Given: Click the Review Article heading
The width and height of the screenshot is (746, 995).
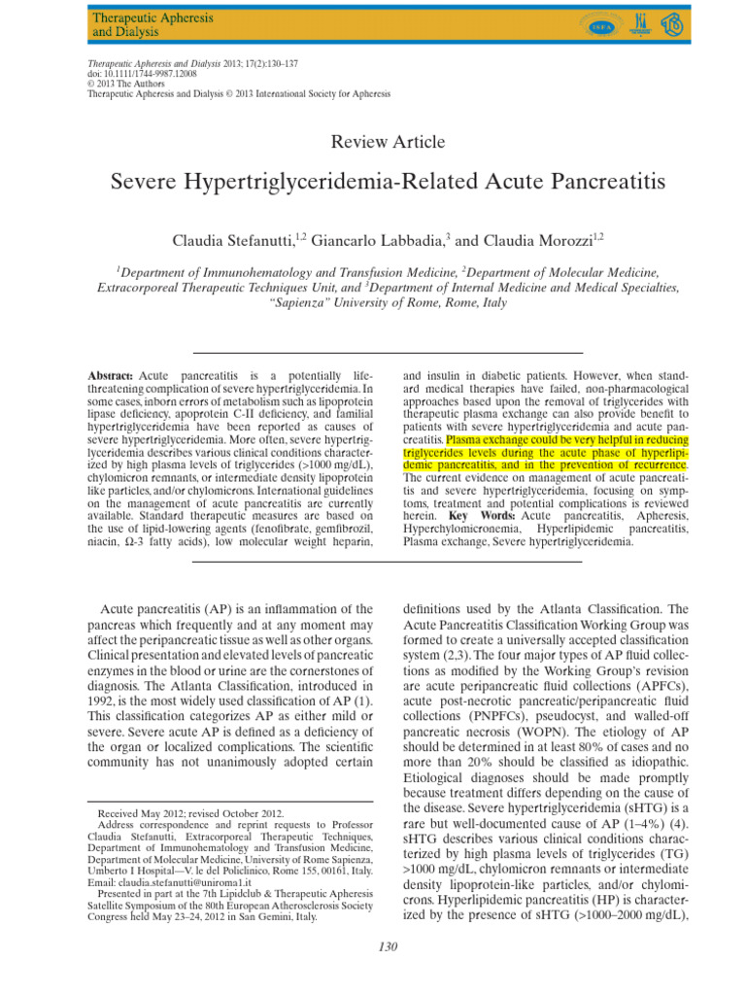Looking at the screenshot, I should point(389,142).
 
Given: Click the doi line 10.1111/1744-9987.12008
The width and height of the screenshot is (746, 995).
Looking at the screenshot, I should point(134,73).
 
